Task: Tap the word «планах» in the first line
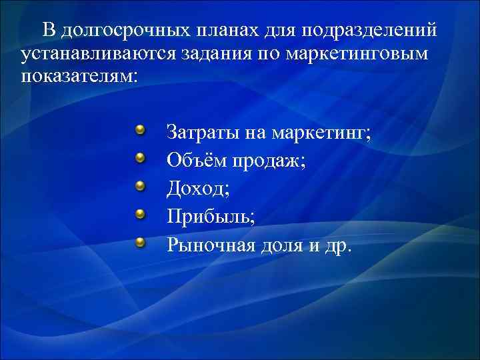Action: (225, 31)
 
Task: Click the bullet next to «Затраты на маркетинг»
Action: (141, 129)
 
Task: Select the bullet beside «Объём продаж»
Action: (141, 157)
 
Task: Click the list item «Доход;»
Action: (198, 189)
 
